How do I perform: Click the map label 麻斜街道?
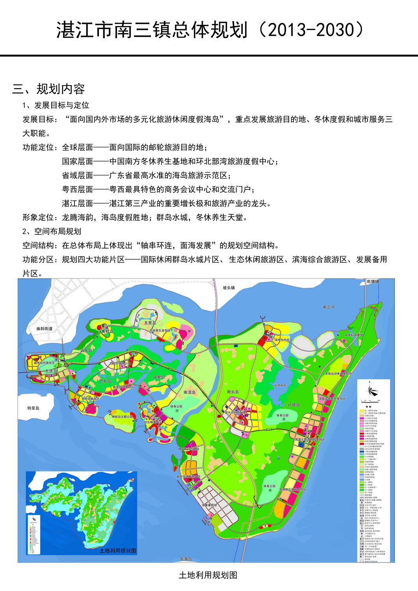[x=44, y=328]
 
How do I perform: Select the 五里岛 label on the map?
[x=150, y=322]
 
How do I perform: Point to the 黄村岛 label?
[x=107, y=331]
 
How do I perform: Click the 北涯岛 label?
[x=51, y=371]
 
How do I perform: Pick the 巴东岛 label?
[x=105, y=381]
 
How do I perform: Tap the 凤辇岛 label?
[x=159, y=377]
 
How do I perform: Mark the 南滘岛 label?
[x=189, y=392]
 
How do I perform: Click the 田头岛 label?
[x=233, y=392]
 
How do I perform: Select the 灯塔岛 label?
[x=294, y=405]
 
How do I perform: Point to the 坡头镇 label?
[x=229, y=288]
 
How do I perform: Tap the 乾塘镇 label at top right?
[x=373, y=282]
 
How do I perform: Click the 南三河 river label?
[x=328, y=307]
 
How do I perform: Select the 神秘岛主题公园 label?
[x=123, y=416]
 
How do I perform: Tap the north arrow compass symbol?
[x=373, y=391]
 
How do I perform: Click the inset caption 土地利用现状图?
[x=118, y=550]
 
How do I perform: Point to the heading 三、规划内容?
[x=48, y=89]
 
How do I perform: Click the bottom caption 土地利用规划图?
[x=208, y=575]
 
